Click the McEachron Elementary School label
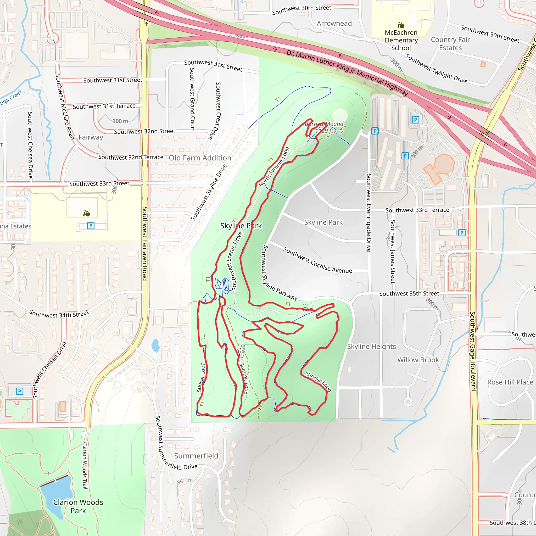click(401, 40)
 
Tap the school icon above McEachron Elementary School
click(401, 25)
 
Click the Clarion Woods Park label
click(78, 506)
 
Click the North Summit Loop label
click(274, 167)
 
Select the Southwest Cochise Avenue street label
click(317, 260)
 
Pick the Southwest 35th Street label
click(409, 294)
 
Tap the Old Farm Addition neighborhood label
click(200, 158)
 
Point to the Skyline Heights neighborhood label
click(371, 347)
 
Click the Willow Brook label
click(418, 360)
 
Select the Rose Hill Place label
click(510, 382)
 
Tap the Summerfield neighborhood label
click(196, 456)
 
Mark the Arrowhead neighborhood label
click(334, 23)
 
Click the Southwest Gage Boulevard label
click(473, 351)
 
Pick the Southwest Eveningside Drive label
click(369, 213)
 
